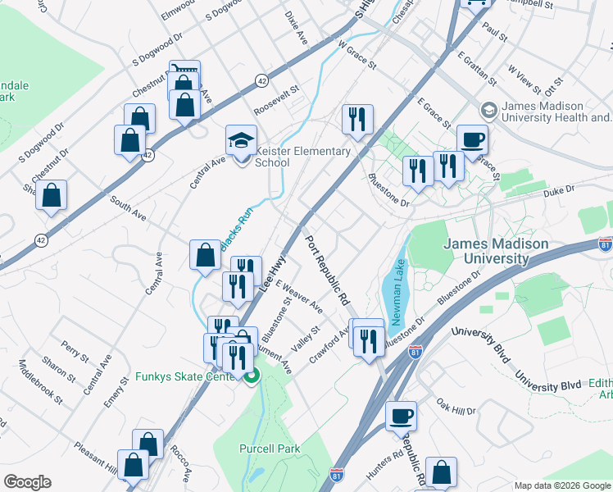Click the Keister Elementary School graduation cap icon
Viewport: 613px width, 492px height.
click(241, 141)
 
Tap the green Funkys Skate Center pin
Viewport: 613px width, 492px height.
click(252, 376)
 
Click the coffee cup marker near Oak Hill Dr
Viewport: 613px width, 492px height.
click(401, 416)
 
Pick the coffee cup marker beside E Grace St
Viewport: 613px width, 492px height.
click(472, 139)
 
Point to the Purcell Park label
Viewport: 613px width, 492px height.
click(270, 449)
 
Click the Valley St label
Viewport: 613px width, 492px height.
click(304, 337)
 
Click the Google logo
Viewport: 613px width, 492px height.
click(27, 482)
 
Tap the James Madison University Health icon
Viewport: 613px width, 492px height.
click(488, 110)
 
